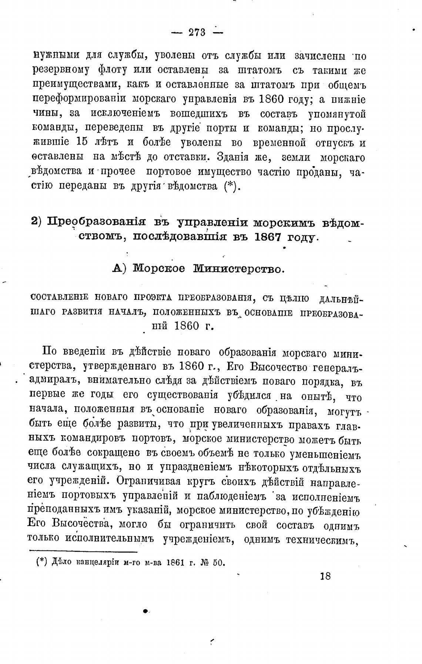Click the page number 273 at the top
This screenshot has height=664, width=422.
tap(197, 33)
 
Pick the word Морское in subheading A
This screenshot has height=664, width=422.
tap(159, 269)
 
